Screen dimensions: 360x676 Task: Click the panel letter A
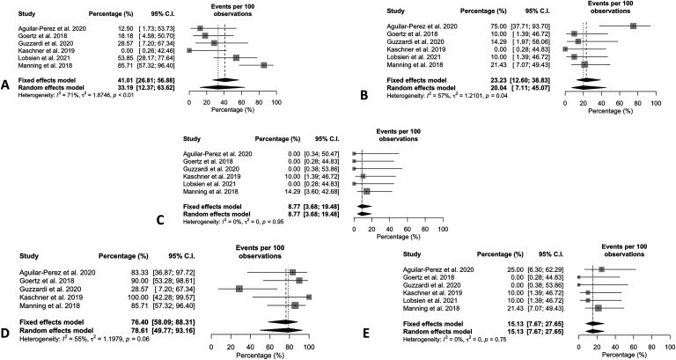coord(6,84)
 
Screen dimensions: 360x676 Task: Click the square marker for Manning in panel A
coord(265,65)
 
